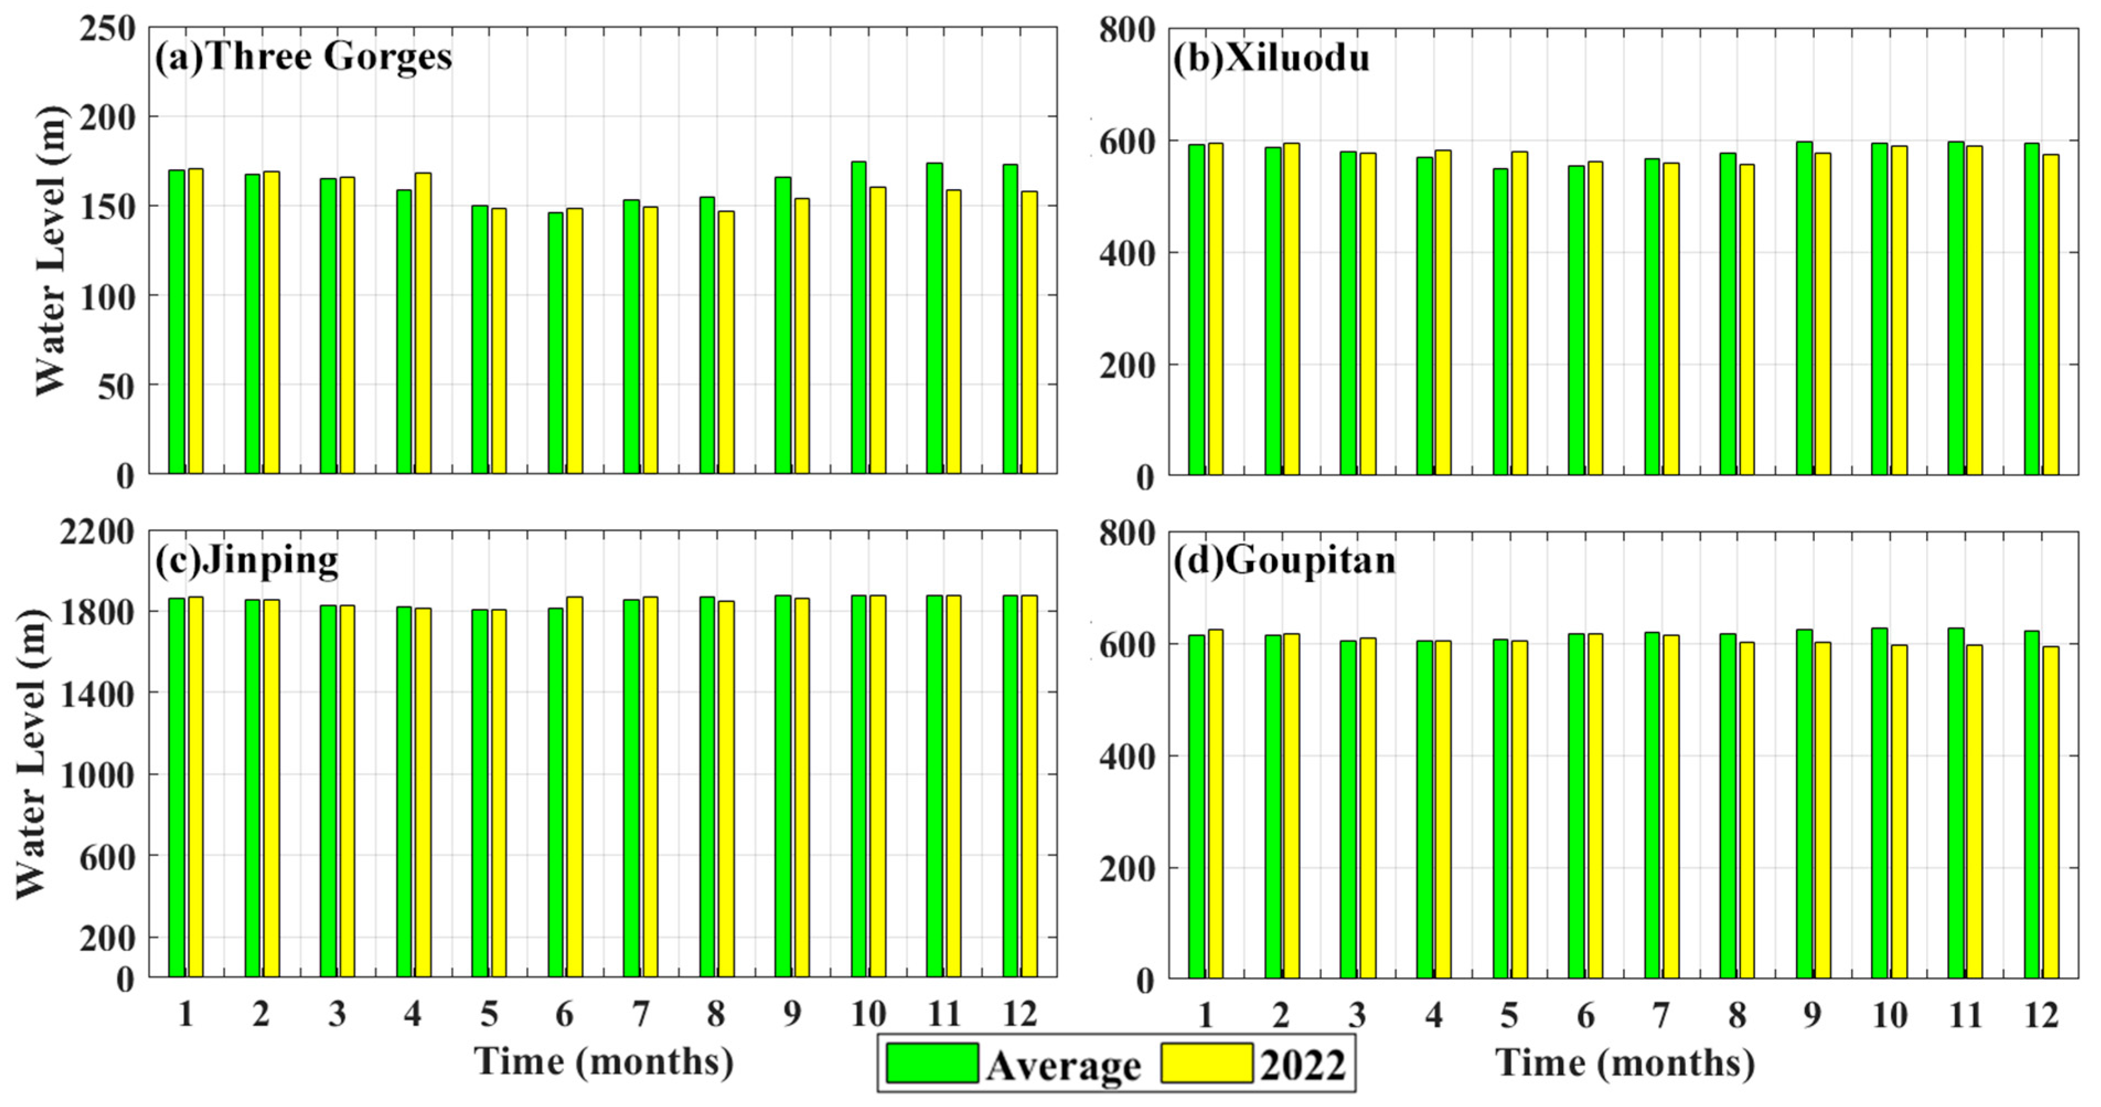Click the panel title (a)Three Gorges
[x=303, y=57]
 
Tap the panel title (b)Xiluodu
[x=1271, y=58]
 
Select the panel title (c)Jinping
[x=246, y=561]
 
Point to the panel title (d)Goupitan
[x=1284, y=561]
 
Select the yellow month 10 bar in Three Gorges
[x=877, y=330]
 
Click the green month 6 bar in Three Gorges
[x=555, y=342]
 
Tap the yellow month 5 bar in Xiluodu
[x=1519, y=313]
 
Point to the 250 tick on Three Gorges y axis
[x=108, y=29]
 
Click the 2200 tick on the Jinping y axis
[x=97, y=533]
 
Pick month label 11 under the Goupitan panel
[x=1965, y=1015]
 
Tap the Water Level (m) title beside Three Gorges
[x=51, y=250]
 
